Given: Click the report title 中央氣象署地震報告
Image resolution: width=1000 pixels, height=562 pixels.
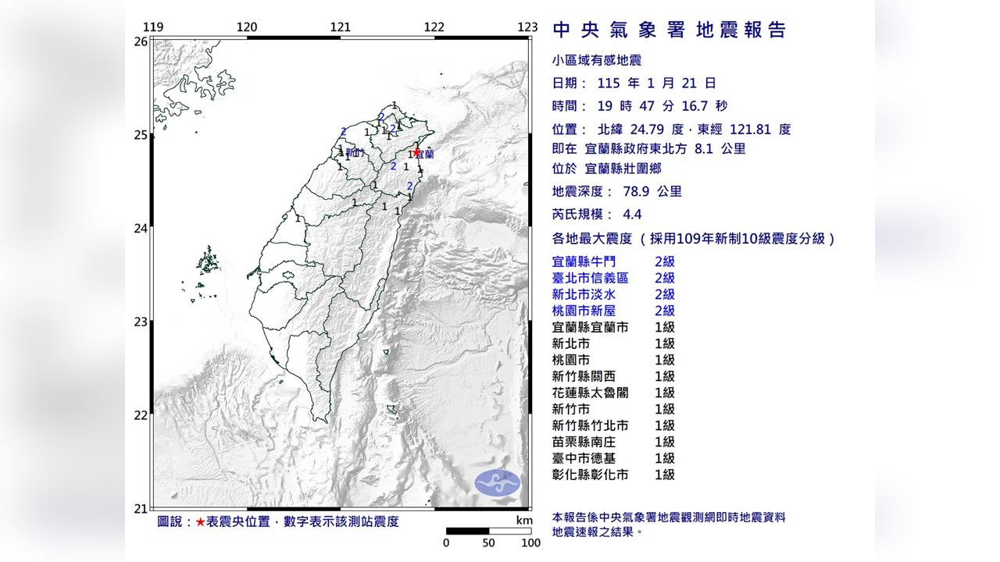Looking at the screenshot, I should tap(669, 30).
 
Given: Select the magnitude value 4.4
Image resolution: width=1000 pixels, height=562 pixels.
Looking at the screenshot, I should tap(609, 215).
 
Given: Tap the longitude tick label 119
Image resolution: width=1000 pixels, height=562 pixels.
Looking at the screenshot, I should tap(154, 27).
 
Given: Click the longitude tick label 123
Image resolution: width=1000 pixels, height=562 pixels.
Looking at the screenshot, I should tap(527, 27).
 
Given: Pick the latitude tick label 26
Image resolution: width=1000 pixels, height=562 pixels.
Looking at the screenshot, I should tap(141, 41).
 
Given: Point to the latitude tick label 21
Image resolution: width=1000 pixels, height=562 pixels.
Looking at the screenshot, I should tap(141, 509).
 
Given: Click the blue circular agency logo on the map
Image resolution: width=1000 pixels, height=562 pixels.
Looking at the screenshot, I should tap(498, 482).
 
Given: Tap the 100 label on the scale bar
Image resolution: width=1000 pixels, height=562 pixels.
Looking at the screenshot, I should tap(531, 543).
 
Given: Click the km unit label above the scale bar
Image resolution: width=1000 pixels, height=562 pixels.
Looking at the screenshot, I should tap(524, 521).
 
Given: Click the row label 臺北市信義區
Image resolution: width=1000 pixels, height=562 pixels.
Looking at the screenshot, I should tap(590, 278).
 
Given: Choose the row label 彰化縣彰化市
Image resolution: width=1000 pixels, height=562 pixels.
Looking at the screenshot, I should tap(590, 475).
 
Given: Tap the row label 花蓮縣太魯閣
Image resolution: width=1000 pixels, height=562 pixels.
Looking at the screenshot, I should tap(590, 393).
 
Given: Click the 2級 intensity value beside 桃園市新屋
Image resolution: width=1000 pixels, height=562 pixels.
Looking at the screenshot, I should tap(665, 311).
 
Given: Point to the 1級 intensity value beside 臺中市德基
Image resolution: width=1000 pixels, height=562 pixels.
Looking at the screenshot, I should tap(665, 458).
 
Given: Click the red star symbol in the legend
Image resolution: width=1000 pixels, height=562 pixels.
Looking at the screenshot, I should tap(201, 521).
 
